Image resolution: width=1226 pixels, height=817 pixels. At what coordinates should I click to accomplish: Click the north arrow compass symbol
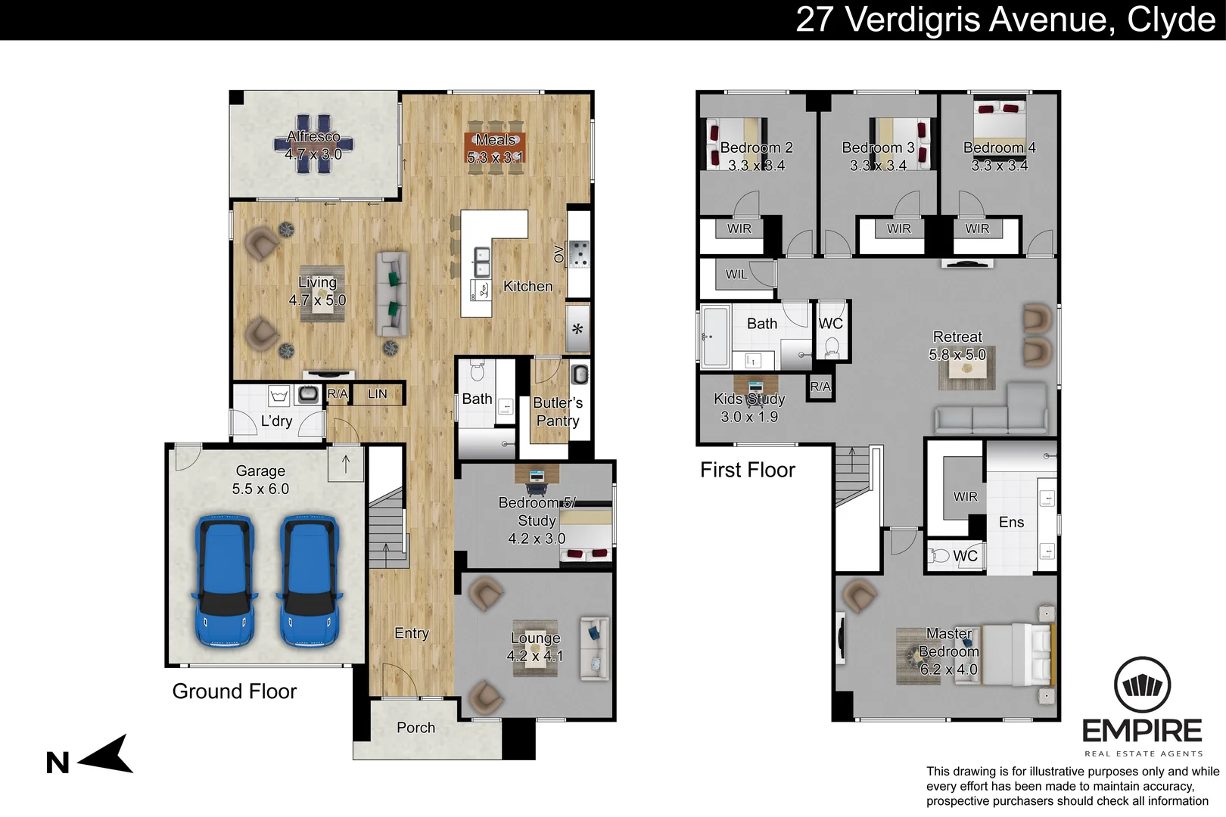pyautogui.click(x=106, y=756)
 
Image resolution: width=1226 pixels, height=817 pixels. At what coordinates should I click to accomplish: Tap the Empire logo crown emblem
pyautogui.click(x=1142, y=685)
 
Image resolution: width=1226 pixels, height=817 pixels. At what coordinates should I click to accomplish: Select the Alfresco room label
pyautogui.click(x=313, y=136)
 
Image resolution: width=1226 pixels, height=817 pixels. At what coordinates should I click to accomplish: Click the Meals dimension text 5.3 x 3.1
pyautogui.click(x=496, y=157)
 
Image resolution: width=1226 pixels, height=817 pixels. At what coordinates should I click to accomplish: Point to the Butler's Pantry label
pyautogui.click(x=558, y=412)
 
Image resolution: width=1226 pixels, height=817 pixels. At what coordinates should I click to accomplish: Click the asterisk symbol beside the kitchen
pyautogui.click(x=577, y=329)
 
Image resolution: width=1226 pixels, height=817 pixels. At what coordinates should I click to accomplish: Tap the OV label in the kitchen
pyautogui.click(x=559, y=254)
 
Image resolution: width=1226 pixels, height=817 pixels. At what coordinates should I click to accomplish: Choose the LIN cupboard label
pyautogui.click(x=377, y=394)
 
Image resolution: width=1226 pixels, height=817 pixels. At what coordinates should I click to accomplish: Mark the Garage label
pyautogui.click(x=260, y=471)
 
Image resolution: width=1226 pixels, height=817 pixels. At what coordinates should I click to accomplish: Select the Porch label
pyautogui.click(x=416, y=727)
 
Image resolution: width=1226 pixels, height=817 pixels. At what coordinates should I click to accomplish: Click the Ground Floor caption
pyautogui.click(x=235, y=691)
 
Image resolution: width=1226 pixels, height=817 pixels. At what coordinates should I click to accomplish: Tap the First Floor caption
pyautogui.click(x=748, y=470)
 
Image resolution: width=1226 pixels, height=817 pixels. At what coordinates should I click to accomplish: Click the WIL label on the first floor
pyautogui.click(x=736, y=274)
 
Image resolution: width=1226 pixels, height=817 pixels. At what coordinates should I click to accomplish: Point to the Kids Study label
pyautogui.click(x=749, y=399)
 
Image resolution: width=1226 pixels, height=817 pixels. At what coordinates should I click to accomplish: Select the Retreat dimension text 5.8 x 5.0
pyautogui.click(x=957, y=355)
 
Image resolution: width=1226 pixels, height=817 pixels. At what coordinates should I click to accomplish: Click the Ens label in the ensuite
pyautogui.click(x=1011, y=522)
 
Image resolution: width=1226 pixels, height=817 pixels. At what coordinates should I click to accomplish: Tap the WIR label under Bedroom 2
pyautogui.click(x=739, y=228)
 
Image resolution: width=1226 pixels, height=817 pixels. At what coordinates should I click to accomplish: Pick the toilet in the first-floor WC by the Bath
pyautogui.click(x=832, y=347)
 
